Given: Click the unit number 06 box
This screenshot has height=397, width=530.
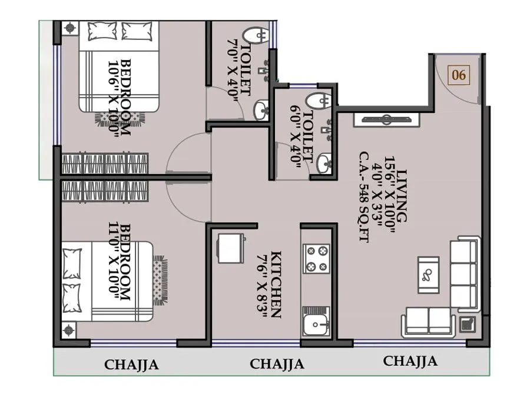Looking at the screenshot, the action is tap(459, 75).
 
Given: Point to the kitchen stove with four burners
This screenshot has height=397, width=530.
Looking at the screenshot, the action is tap(316, 259).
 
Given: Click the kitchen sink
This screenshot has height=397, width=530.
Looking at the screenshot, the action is tap(317, 322).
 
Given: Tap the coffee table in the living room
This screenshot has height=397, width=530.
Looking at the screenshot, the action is tap(428, 274).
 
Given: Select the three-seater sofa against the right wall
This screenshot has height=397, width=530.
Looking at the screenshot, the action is tap(465, 273).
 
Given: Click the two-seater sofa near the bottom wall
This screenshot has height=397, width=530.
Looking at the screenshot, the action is tap(428, 322).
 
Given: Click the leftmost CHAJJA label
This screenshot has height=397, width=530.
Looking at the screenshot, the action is tap(131, 365).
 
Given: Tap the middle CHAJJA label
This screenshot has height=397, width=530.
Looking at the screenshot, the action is tap(277, 364).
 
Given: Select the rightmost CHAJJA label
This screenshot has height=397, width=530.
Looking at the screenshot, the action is tap(410, 361).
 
